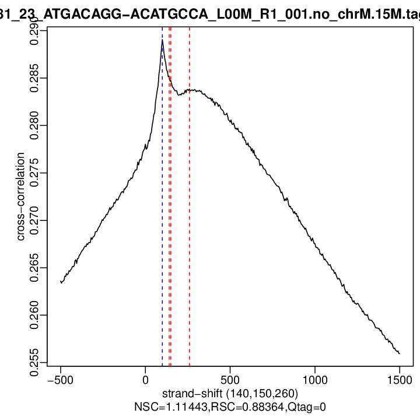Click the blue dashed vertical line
click(x=162, y=233)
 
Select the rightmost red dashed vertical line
click(x=190, y=233)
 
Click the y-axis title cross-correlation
click(x=21, y=197)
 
